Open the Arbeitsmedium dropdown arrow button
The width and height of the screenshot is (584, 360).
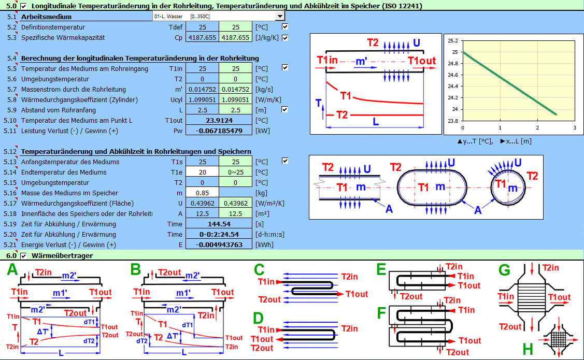[x=280, y=17]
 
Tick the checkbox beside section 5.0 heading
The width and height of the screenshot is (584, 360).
[x=24, y=6]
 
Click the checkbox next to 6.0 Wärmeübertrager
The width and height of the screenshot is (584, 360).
[x=24, y=255]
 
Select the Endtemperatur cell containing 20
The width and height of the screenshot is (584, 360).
[x=202, y=172]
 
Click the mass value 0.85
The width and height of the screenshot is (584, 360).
[x=202, y=193]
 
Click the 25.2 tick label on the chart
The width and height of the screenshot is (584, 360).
[x=452, y=41]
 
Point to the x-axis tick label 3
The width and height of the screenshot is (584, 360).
[x=575, y=127]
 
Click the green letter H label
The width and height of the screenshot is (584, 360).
[x=528, y=349]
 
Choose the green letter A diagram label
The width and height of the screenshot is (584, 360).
[x=12, y=270]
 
